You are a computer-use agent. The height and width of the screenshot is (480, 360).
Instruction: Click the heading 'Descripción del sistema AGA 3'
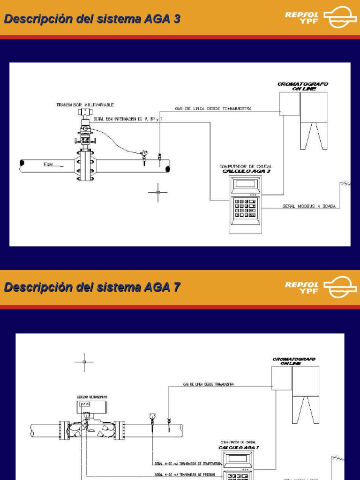pos(92,19)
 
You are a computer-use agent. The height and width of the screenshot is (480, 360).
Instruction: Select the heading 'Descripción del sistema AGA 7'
pos(92,287)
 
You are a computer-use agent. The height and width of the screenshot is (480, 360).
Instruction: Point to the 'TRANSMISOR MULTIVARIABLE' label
pos(85,105)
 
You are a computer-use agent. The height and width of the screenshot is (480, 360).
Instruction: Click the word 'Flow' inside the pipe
pos(49,165)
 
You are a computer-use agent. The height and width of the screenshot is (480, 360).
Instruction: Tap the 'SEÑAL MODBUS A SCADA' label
pos(309,206)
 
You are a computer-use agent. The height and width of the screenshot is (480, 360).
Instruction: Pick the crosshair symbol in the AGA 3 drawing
pos(158,192)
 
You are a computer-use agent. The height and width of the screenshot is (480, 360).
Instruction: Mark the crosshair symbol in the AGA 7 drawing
pos(84,362)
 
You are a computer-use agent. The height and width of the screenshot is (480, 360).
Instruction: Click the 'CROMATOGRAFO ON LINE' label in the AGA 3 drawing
pos(302,86)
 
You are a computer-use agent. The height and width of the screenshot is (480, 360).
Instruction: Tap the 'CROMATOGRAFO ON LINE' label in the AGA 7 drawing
pos(294,361)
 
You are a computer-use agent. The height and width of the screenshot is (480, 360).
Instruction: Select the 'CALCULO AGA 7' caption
pos(239,447)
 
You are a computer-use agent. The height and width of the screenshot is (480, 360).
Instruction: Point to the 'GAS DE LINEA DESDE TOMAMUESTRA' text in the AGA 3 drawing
pos(213,108)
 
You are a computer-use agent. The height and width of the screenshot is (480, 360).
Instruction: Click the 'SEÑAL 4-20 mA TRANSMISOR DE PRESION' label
pos(185,474)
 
